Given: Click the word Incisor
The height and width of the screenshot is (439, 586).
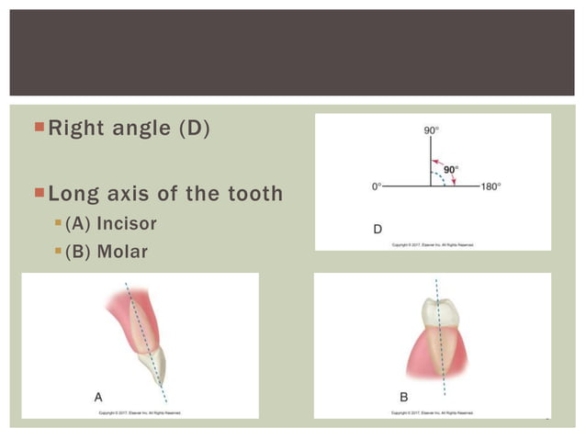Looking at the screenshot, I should point(127,223).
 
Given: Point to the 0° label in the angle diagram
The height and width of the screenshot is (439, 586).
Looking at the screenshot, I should point(377,186).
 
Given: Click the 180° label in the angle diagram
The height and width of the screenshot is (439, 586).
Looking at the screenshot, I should point(490,186).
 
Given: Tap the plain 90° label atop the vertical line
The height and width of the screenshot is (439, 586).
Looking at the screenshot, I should point(431,130).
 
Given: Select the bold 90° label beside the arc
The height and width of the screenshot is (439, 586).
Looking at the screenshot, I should point(451,170).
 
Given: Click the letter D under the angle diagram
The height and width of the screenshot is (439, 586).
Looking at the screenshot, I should point(378,229).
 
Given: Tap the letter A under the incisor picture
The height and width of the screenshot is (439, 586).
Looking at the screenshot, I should point(98,397).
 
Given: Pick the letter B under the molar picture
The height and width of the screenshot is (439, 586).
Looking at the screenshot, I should point(403,397).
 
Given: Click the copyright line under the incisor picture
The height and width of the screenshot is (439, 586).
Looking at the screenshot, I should point(140,413).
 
